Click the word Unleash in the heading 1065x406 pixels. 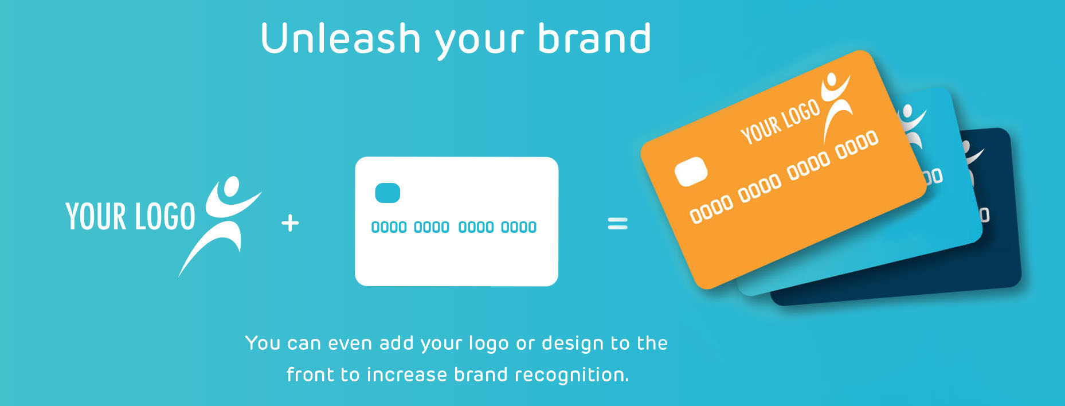341,38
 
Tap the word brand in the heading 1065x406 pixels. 594,38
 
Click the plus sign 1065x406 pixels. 291,223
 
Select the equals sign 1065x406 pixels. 617,223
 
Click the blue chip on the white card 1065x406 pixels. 387,193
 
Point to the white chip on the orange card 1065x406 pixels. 691,171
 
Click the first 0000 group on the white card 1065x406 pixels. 389,227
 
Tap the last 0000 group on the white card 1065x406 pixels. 519,227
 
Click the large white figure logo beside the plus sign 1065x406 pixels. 221,224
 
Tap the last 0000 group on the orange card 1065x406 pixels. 856,145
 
